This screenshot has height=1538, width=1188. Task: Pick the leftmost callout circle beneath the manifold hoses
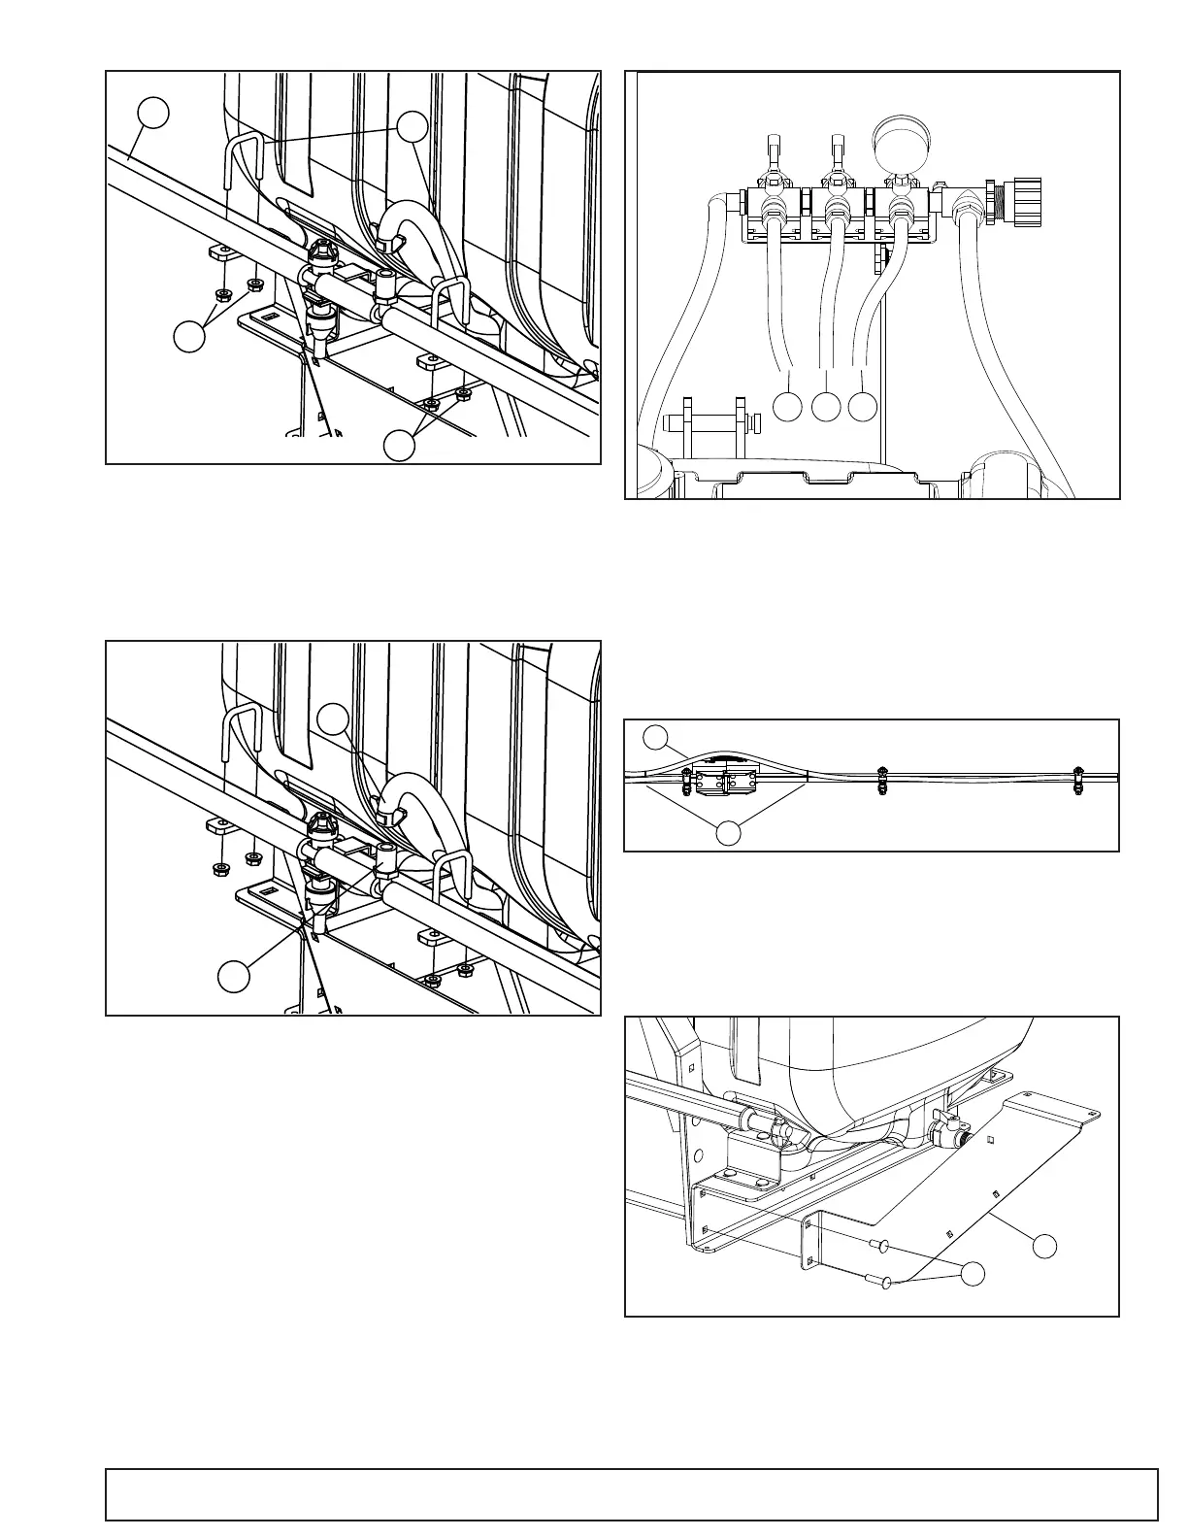(788, 407)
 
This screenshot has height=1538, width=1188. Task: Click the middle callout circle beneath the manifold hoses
(826, 407)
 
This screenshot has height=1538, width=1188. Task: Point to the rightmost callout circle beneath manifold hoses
(862, 407)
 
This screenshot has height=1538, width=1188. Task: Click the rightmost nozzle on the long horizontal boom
(1078, 780)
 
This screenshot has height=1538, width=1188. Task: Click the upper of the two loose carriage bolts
(877, 1245)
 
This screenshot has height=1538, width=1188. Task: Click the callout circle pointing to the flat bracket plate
(1044, 1246)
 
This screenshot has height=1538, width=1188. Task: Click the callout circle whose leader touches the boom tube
(152, 114)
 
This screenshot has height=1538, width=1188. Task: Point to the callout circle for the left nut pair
(189, 337)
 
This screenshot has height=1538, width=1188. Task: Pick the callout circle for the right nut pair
(399, 445)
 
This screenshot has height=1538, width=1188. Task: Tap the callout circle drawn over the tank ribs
(334, 718)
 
